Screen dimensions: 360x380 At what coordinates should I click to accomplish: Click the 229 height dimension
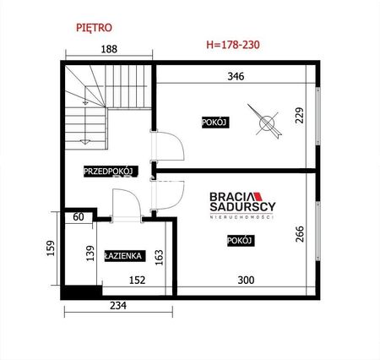click(298, 116)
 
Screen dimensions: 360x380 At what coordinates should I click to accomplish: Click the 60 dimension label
click(79, 218)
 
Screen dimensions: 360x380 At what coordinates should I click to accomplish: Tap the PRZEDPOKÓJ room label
click(110, 172)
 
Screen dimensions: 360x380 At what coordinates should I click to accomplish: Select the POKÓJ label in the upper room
click(215, 123)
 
